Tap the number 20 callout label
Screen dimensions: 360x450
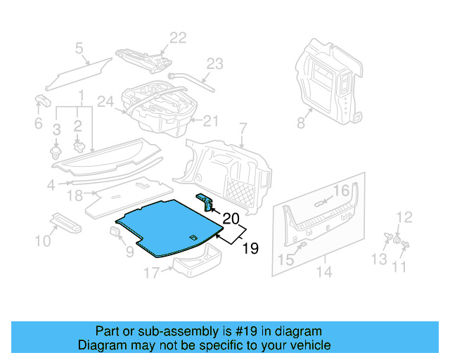point(231,218)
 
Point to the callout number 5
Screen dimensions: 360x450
point(79,49)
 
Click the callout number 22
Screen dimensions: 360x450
point(177,37)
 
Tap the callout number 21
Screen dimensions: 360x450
point(212,121)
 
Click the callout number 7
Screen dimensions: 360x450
point(243,129)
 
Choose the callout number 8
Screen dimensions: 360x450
point(300,123)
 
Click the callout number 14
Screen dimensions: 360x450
point(325,271)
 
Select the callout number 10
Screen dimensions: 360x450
point(42,241)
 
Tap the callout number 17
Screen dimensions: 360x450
point(152,272)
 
